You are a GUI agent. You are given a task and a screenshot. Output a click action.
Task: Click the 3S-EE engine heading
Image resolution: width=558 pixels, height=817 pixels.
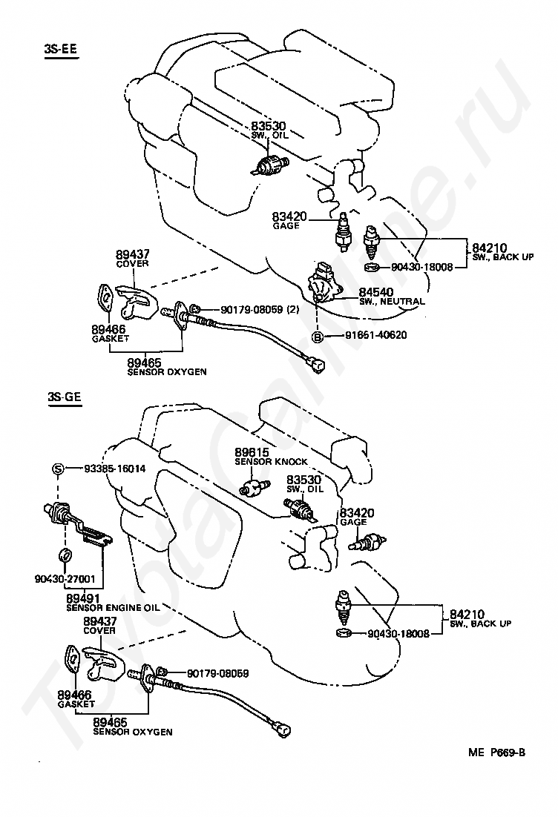click(x=61, y=49)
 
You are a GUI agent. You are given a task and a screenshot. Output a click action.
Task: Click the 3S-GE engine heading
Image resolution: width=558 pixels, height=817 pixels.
click(x=64, y=397)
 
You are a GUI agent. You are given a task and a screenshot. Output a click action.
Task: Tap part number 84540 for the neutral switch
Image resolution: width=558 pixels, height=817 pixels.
click(x=375, y=292)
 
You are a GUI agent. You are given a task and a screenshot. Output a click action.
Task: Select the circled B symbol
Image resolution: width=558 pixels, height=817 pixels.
click(x=317, y=337)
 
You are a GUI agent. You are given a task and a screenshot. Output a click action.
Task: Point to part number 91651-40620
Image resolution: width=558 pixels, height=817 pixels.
click(x=375, y=335)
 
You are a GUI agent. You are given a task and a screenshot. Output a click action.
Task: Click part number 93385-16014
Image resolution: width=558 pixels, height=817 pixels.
click(x=115, y=469)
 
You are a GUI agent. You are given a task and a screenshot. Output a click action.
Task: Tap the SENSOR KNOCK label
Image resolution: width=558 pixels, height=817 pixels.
click(x=271, y=462)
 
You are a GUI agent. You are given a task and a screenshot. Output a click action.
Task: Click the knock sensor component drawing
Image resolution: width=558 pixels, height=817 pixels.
click(x=254, y=488)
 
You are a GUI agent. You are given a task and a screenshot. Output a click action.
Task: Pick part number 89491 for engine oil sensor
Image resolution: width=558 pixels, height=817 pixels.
click(x=82, y=599)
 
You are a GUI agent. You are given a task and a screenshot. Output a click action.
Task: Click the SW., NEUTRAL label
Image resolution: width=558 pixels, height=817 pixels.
click(x=392, y=301)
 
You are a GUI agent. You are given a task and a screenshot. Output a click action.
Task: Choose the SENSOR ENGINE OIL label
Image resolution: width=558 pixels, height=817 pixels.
click(x=113, y=607)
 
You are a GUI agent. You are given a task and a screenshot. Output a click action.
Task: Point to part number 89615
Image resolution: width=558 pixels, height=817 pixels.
click(x=252, y=452)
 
